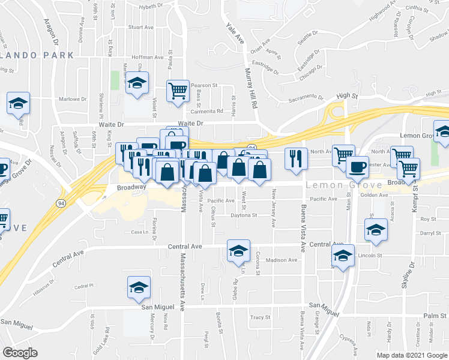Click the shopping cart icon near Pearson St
point(178,91)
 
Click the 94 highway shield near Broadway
point(61,203)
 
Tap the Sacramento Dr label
point(306,99)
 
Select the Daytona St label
point(244,215)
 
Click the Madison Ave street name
point(282,260)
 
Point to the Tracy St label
point(261,317)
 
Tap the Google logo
point(20,353)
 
